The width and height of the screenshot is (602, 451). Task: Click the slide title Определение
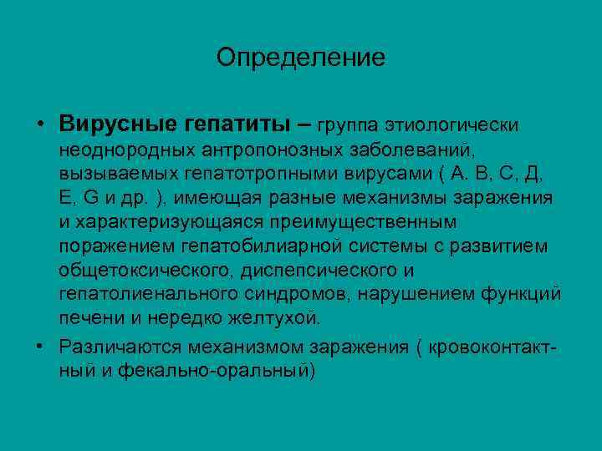pyautogui.click(x=300, y=58)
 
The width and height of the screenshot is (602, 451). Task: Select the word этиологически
pyautogui.click(x=452, y=124)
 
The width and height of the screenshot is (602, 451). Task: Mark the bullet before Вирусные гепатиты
pyautogui.click(x=40, y=124)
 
